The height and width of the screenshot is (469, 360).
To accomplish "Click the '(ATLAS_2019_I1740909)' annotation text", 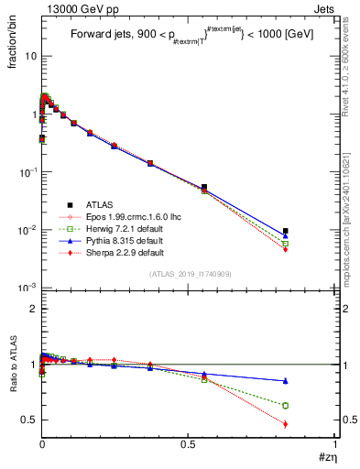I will (189, 274).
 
